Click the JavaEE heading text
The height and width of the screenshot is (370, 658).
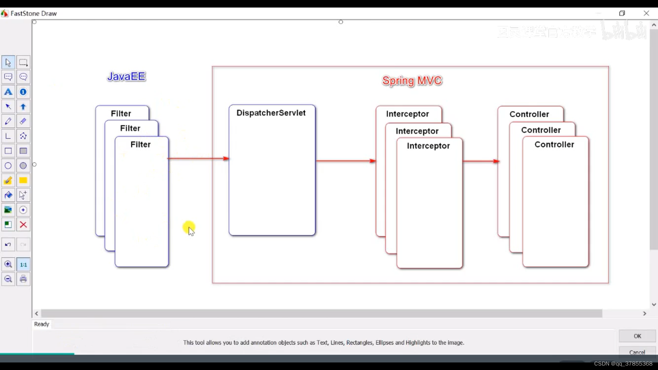126,76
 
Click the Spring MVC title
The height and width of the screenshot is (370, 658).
412,81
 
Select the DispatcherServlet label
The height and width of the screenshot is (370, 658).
271,113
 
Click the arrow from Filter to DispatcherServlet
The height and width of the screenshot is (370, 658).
198,158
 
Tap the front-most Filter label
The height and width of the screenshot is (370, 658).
141,145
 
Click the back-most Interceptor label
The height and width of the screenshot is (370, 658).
407,114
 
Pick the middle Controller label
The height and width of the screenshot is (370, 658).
541,130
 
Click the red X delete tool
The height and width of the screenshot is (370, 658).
23,225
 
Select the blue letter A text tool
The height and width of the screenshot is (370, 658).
8,92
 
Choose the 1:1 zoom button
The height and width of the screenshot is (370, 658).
23,264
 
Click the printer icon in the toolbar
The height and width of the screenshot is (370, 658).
23,279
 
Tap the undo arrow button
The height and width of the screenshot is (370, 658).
8,245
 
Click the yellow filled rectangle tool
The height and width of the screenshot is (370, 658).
23,181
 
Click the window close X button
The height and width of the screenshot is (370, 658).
646,13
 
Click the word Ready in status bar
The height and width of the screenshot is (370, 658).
41,324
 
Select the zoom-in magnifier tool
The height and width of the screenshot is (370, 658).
8,264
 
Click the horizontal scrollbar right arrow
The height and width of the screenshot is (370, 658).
645,313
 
